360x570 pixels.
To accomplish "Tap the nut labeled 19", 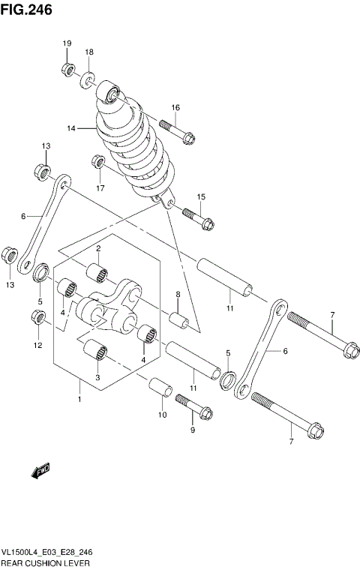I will (67, 70).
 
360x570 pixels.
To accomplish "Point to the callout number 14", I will (71, 128).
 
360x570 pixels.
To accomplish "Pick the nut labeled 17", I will (97, 162).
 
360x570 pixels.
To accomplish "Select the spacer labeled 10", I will (160, 388).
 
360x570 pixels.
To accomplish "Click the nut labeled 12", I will (39, 319).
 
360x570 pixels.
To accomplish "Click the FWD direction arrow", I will (39, 471).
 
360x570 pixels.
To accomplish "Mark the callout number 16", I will (175, 107).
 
